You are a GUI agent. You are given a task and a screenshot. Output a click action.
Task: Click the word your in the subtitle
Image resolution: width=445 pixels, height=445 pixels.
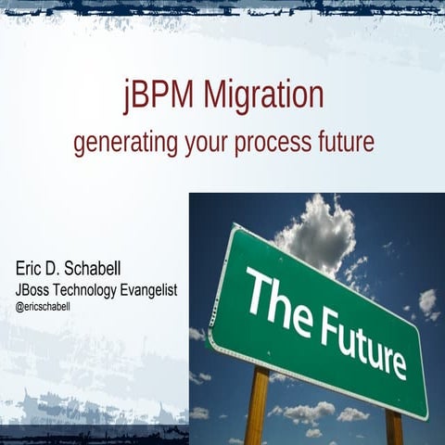[x=206, y=145]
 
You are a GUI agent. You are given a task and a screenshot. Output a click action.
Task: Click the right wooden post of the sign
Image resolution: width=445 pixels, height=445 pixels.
[x=394, y=426]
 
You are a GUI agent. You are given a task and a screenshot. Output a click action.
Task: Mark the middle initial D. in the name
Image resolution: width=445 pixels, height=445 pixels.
[x=60, y=269]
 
